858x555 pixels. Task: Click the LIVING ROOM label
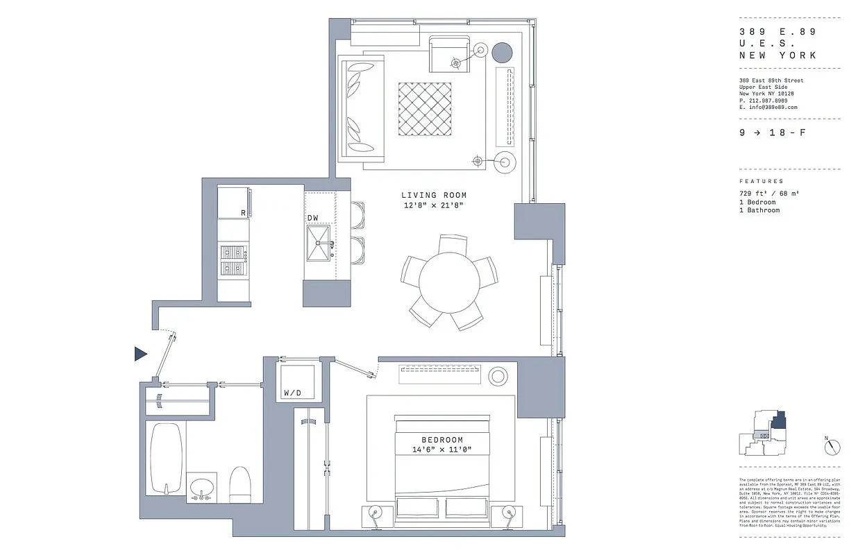point(434,196)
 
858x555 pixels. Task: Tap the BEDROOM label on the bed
point(441,441)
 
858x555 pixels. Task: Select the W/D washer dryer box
point(296,382)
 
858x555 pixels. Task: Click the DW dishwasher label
point(313,218)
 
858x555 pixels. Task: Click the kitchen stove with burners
point(235,259)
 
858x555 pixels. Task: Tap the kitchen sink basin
point(319,244)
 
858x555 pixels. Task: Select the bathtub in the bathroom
point(167,458)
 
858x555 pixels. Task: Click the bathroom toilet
point(239,484)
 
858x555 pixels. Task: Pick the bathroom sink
point(201,487)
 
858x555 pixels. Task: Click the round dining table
point(449,282)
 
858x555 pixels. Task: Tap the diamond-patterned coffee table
point(425,109)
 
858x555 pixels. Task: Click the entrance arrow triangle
point(140,354)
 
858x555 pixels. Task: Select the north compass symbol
point(832,447)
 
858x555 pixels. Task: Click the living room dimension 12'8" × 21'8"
point(434,206)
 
